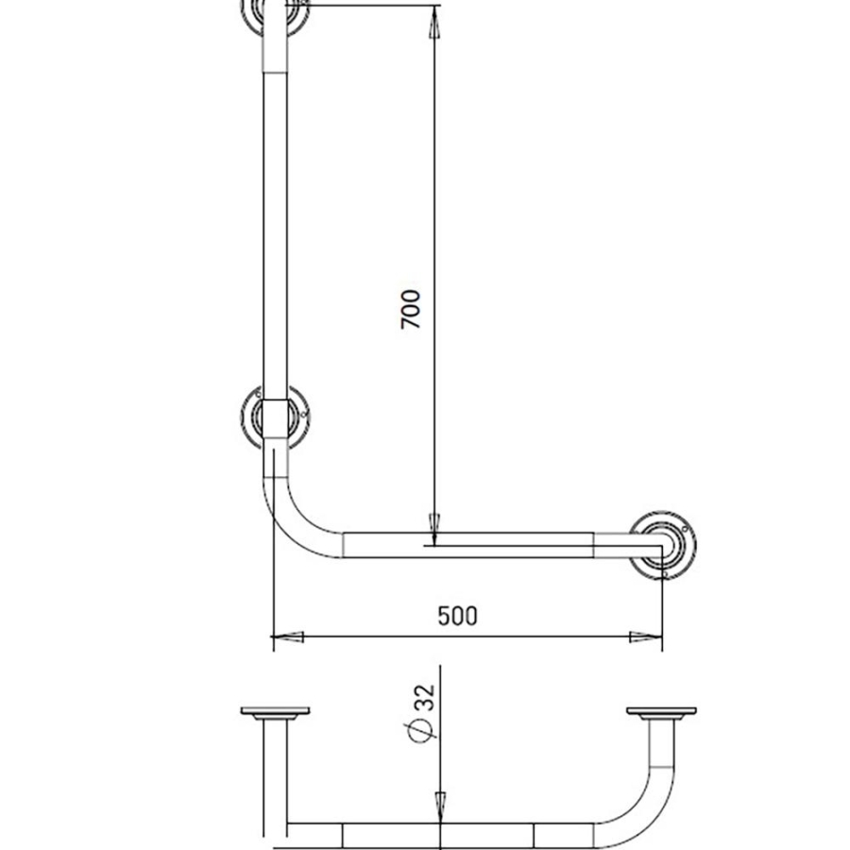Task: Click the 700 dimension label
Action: [411, 309]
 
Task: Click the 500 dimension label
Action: [457, 616]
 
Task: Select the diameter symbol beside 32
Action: [421, 731]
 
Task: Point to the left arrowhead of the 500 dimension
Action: [287, 637]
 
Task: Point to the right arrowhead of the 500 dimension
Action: [645, 637]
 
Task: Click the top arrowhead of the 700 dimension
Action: [434, 22]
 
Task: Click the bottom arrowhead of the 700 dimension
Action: [434, 529]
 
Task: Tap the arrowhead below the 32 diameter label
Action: [440, 807]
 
